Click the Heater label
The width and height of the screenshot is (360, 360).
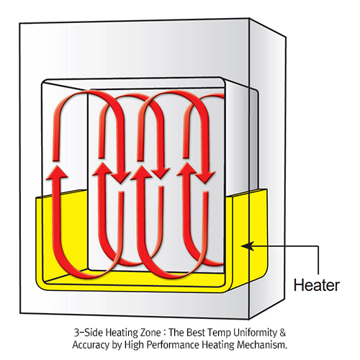point(317,285)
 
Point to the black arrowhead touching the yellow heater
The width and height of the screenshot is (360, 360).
point(247,246)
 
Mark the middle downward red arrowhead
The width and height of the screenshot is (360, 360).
point(161,172)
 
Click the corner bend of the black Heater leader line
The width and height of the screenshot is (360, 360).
point(318,246)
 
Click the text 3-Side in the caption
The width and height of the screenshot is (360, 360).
point(89,333)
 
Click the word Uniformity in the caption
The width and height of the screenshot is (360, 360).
point(255,333)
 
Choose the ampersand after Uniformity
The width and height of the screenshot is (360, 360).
point(283,333)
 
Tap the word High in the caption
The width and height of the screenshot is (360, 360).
point(134,346)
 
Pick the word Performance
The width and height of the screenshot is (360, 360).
point(173,345)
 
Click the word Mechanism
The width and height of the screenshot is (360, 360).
point(262,345)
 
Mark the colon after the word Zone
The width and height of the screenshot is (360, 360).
point(165,333)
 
